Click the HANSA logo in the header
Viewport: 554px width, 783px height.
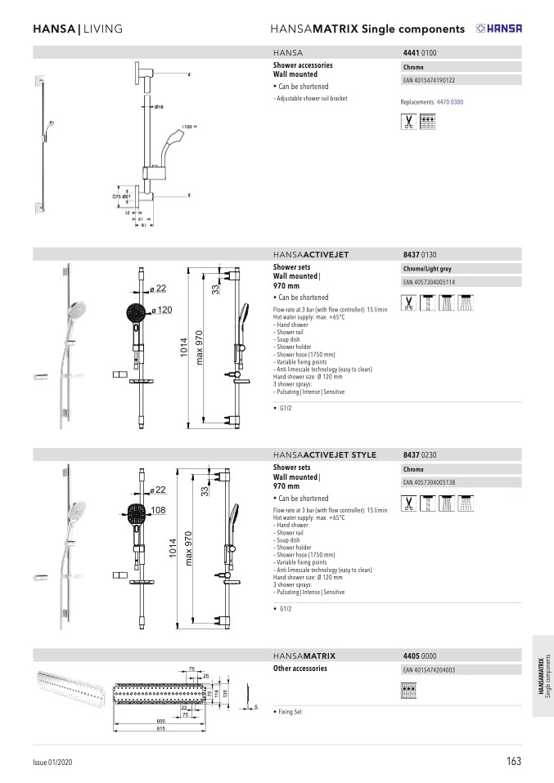499,29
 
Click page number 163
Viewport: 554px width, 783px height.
513,761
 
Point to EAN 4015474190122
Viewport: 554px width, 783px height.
429,81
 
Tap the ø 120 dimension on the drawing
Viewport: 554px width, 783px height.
162,310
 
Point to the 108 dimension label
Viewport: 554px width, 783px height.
159,510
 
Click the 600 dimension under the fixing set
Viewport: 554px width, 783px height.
161,721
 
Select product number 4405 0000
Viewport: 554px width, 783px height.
420,655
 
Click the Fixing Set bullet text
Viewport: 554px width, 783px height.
290,712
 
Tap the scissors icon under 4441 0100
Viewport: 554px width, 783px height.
408,122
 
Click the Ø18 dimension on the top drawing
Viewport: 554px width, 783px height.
159,107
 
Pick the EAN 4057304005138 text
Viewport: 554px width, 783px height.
429,483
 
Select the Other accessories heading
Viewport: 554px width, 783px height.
300,669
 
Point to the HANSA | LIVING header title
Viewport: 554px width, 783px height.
77,29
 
